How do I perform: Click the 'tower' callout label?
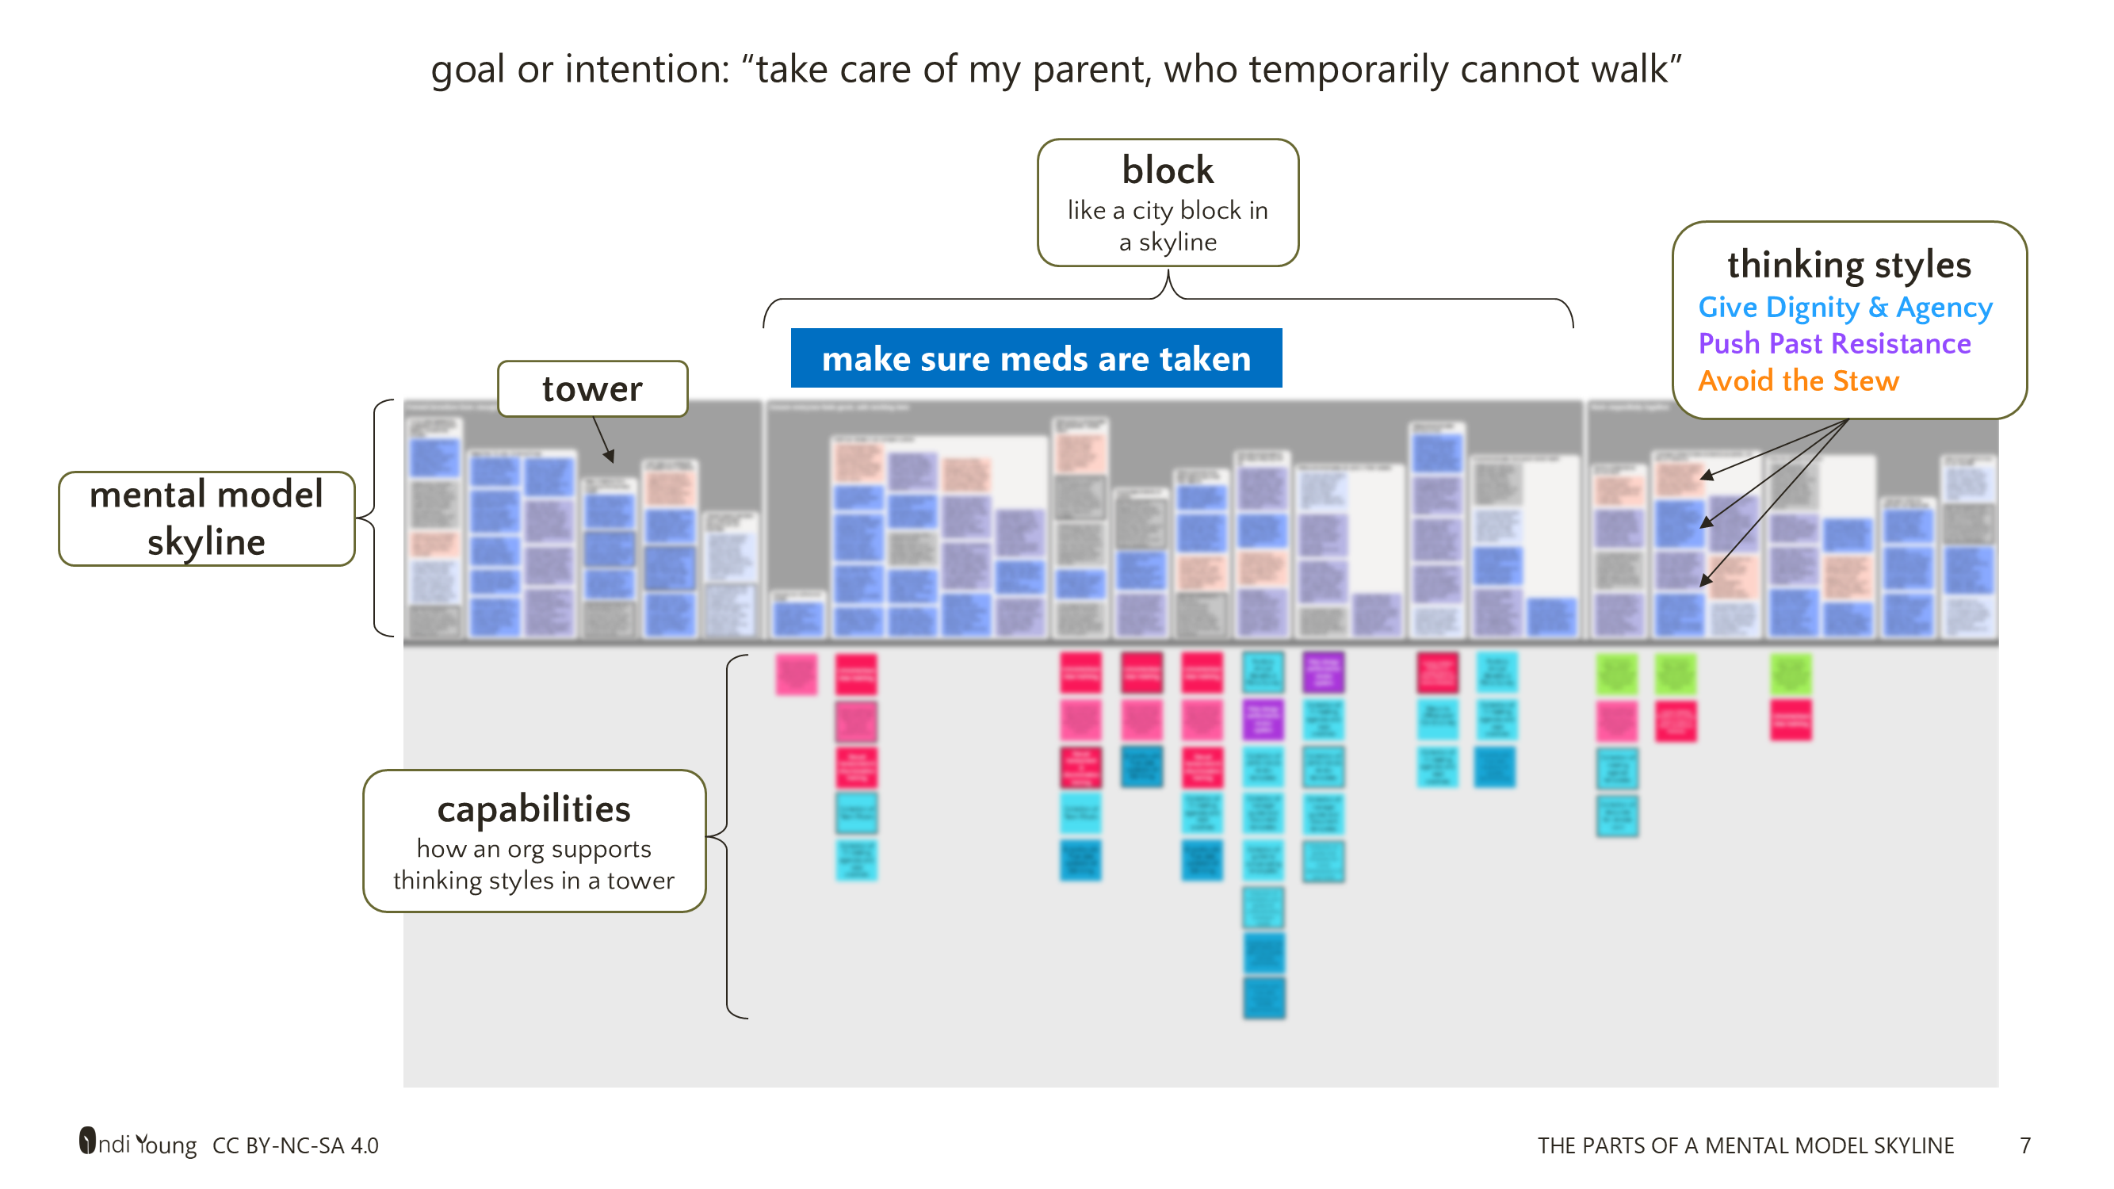tap(591, 389)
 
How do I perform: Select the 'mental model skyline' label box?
tap(206, 518)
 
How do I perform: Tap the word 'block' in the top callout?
tap(1167, 170)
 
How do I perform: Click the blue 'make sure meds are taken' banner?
tap(1036, 358)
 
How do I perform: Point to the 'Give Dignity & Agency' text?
tap(1844, 307)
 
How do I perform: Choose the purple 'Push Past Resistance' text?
tap(1834, 343)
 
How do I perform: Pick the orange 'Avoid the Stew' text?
tap(1798, 380)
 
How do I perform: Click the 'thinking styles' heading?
tap(1849, 264)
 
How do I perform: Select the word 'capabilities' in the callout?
tap(533, 809)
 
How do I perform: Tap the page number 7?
tap(2024, 1145)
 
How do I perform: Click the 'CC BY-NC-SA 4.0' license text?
tap(296, 1145)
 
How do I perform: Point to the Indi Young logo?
tap(137, 1143)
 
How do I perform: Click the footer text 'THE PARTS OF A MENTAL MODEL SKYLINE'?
tap(1745, 1145)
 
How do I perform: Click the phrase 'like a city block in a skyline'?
tap(1167, 226)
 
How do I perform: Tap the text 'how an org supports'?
tap(533, 848)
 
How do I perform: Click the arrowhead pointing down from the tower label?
tap(610, 457)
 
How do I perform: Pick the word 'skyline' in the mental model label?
tap(206, 541)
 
